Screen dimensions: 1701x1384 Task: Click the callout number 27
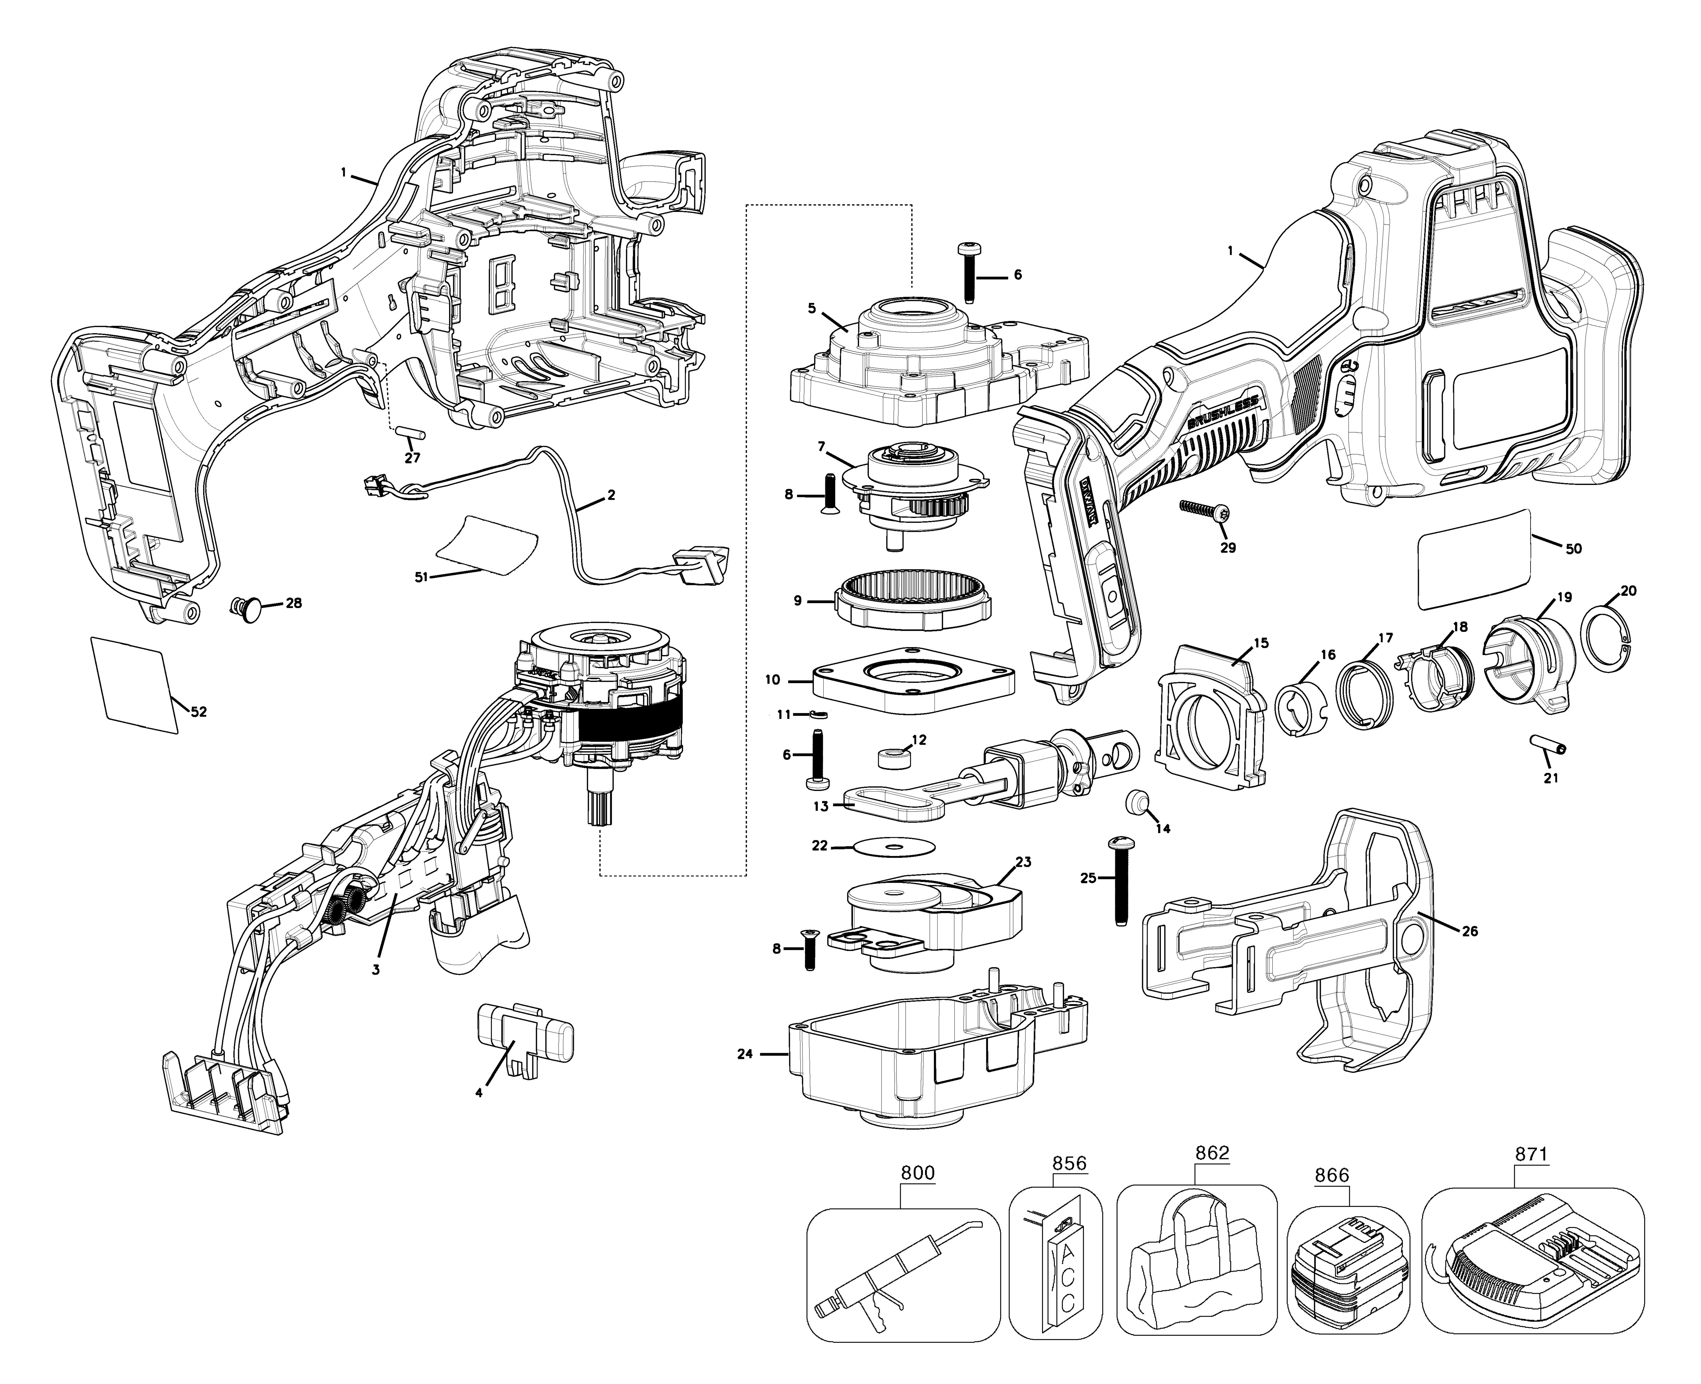coord(412,458)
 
